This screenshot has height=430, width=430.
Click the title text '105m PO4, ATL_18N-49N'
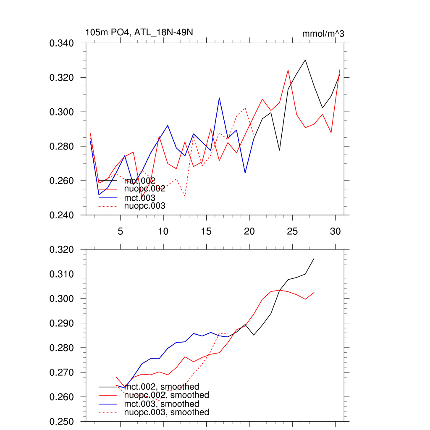tap(139, 32)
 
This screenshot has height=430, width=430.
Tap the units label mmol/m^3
tap(323, 34)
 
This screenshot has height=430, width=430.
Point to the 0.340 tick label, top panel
tap(62, 43)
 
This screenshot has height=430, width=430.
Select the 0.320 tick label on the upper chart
tap(62, 78)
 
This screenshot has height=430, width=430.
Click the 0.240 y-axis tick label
tap(62, 215)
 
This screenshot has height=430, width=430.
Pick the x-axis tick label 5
tap(121, 231)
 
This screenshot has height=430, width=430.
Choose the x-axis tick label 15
tap(206, 231)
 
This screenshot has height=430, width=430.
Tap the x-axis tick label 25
tap(292, 231)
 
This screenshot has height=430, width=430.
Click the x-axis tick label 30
tap(335, 231)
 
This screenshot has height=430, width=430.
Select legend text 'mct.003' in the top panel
tap(140, 198)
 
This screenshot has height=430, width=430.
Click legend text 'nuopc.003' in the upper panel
tap(145, 206)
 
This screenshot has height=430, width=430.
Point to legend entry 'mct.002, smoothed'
tap(162, 386)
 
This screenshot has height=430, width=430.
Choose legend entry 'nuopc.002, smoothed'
tap(167, 395)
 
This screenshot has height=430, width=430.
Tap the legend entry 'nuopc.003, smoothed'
tap(167, 412)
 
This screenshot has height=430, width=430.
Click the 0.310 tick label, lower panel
tap(62, 274)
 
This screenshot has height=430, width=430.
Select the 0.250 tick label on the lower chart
tap(62, 422)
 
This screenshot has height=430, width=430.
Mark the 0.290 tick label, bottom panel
tap(62, 323)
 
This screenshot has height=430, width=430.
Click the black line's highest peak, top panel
tap(305, 60)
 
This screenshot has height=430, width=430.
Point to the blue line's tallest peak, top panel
tap(219, 98)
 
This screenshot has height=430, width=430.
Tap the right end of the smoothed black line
tap(314, 259)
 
